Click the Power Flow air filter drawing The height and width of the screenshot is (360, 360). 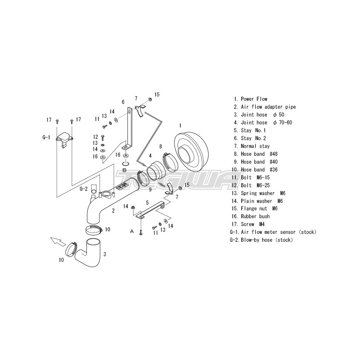[191, 151]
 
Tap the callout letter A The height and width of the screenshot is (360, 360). [132, 231]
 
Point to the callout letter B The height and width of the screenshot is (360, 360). [124, 170]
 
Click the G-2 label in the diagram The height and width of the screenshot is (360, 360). [83, 189]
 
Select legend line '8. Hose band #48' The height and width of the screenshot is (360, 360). [256, 154]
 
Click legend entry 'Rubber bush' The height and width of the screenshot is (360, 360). [255, 216]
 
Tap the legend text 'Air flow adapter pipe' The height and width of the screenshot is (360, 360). [268, 107]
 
